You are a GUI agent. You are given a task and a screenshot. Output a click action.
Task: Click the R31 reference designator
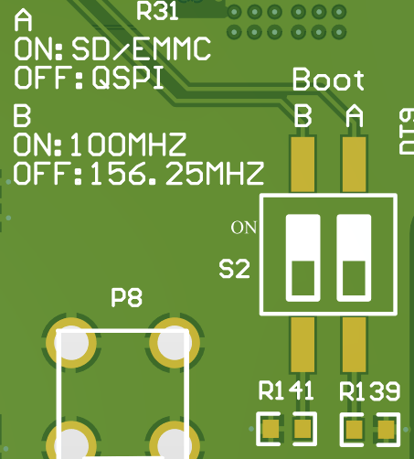[x=157, y=11]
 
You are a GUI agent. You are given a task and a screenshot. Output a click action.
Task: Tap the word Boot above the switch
[x=328, y=80]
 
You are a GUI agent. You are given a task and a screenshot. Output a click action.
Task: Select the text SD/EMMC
[x=141, y=48]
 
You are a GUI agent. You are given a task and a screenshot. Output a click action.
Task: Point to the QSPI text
[x=128, y=78]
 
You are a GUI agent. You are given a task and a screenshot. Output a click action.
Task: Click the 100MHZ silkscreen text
[x=128, y=144]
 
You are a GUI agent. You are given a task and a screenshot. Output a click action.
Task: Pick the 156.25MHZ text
[x=177, y=174]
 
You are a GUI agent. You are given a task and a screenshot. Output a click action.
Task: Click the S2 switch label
[x=234, y=269]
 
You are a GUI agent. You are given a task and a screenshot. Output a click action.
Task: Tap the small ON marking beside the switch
[x=243, y=228]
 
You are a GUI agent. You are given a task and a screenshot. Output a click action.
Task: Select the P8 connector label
[x=126, y=297]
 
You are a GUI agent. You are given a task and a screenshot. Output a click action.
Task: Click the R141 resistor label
[x=286, y=390]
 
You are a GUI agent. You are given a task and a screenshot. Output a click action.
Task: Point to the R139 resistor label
[x=369, y=390]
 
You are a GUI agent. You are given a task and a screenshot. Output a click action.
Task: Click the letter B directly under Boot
[x=303, y=116]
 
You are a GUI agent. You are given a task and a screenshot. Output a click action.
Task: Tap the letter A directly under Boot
[x=355, y=116]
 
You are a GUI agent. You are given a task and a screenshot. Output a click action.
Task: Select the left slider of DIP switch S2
[x=303, y=258]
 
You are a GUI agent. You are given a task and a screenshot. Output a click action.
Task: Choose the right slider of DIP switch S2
[x=354, y=258]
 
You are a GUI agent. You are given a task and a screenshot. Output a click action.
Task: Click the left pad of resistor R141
[x=271, y=429]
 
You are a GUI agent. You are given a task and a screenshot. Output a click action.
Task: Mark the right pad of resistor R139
[x=387, y=429]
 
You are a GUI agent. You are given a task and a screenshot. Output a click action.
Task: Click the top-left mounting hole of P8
[x=71, y=343]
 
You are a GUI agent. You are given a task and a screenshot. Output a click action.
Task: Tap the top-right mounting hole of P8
[x=175, y=343]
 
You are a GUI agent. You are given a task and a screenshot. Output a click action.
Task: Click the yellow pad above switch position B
[x=303, y=165]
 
